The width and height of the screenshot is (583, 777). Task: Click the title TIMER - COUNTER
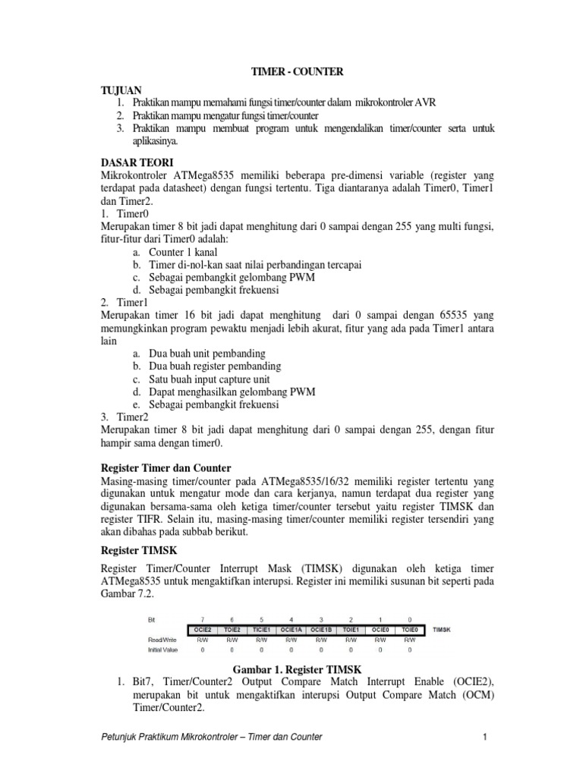click(298, 71)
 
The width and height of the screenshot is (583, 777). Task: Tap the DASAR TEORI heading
click(137, 162)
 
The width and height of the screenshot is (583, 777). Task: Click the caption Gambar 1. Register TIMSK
click(296, 668)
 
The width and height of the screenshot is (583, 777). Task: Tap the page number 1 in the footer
click(484, 737)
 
